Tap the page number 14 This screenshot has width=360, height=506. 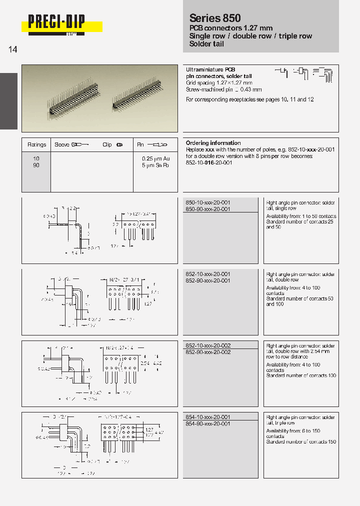click(13, 50)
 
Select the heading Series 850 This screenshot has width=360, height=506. click(215, 18)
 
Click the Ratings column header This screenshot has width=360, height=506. click(36, 144)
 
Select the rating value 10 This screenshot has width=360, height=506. click(36, 158)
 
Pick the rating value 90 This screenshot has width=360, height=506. click(36, 165)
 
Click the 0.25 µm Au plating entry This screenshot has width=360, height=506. click(155, 158)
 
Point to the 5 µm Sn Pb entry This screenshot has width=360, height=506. click(155, 165)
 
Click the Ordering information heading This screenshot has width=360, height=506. click(213, 143)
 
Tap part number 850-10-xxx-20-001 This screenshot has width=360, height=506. click(208, 202)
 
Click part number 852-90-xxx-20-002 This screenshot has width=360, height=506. click(208, 352)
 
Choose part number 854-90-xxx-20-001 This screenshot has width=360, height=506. click(208, 424)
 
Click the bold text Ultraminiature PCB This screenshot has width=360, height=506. click(210, 69)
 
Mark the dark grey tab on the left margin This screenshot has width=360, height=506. click(8, 101)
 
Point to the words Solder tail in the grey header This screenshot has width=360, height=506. click(206, 44)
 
